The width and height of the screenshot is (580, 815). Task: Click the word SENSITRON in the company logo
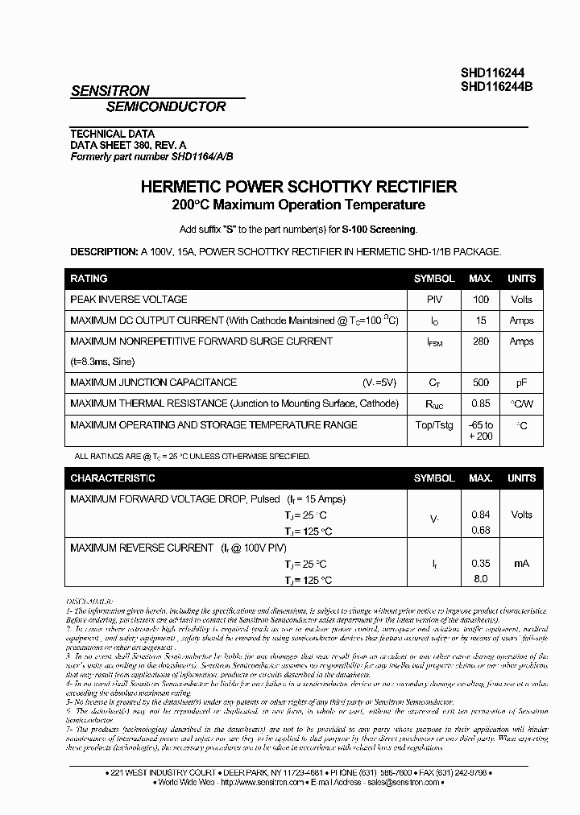[x=110, y=92]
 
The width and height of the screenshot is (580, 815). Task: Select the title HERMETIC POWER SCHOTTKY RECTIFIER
[x=299, y=187]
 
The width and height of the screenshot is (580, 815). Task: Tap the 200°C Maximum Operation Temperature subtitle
[x=298, y=205]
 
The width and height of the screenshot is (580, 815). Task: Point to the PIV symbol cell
[x=434, y=300]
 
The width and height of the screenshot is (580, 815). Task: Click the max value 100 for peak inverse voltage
[x=480, y=300]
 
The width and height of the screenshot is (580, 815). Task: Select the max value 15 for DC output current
[x=480, y=321]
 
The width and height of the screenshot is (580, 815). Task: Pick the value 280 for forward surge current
[x=480, y=341]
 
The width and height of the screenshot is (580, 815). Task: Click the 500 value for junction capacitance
[x=480, y=383]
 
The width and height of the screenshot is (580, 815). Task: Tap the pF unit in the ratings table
[x=521, y=383]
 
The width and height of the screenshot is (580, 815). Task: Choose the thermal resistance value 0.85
[x=480, y=403]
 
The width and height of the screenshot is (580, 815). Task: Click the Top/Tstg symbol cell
[x=434, y=424]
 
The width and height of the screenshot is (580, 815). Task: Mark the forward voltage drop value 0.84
[x=480, y=515]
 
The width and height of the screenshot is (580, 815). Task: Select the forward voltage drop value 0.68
[x=480, y=530]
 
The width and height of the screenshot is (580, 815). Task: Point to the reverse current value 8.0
[x=480, y=578]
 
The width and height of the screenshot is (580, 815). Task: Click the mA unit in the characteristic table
[x=521, y=564]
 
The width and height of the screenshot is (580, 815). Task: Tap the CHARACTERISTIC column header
[x=112, y=478]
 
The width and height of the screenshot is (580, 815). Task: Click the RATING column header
[x=89, y=279]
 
